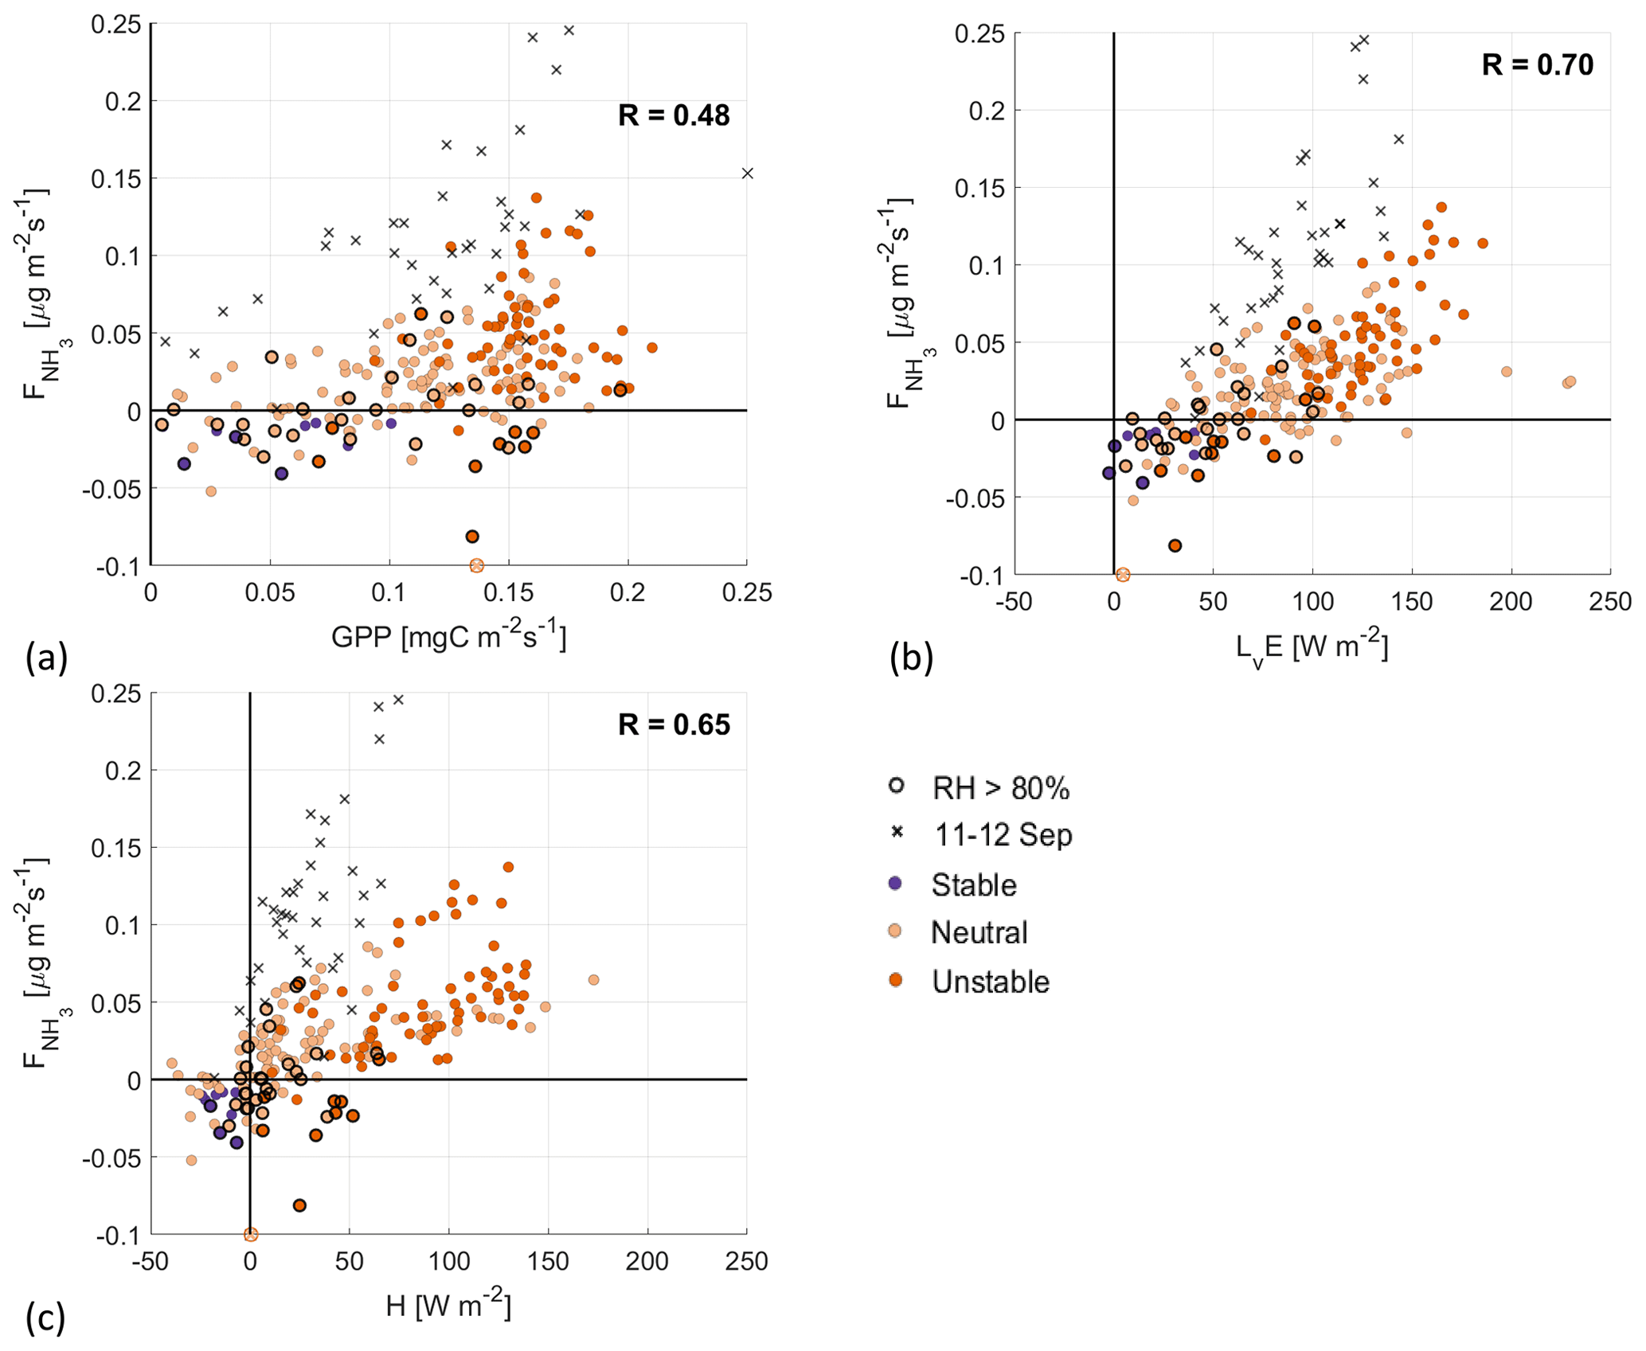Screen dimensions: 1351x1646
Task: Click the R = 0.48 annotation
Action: pos(674,115)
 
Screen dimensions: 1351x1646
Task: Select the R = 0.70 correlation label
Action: pos(1537,64)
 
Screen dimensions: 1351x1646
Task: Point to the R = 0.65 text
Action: pos(674,724)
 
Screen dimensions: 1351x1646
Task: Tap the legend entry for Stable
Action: pos(973,884)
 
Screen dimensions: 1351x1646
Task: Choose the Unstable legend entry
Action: pos(990,982)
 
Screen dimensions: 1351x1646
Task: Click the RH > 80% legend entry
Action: pos(1000,787)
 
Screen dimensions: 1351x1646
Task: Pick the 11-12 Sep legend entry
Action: pos(1003,834)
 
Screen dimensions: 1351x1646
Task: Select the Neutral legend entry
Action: pos(979,932)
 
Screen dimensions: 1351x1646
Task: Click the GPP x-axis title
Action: pos(448,637)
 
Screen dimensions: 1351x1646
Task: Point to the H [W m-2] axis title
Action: pos(448,1306)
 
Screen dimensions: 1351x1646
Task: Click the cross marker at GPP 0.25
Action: pos(747,174)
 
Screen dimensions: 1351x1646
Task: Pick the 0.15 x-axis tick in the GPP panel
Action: pos(508,593)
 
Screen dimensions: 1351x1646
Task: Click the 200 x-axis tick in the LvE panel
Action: pos(1511,602)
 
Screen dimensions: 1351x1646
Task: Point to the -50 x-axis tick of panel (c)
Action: pos(151,1262)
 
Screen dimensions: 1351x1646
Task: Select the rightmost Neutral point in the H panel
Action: pos(593,980)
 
